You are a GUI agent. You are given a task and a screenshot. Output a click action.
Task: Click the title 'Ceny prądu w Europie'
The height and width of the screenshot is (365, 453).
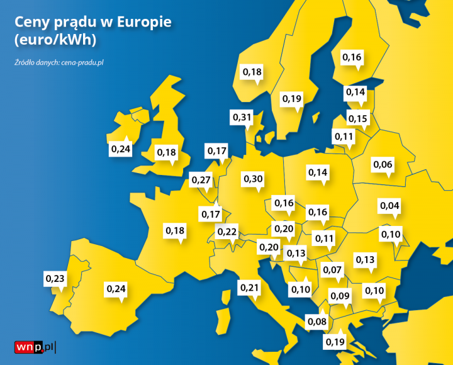92,22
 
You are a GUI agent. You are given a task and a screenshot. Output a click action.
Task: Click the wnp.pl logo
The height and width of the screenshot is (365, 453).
35,347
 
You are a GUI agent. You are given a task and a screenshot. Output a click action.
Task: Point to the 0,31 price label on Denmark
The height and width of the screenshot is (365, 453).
242,117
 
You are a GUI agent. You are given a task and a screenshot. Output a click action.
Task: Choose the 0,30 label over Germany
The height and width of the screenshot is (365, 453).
253,179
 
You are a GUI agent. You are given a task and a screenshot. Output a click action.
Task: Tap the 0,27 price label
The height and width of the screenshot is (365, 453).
201,180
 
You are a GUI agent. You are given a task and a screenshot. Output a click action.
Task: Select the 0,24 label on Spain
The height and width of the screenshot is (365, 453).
116,288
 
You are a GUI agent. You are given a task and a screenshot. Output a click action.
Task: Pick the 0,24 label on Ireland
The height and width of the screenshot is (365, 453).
121,149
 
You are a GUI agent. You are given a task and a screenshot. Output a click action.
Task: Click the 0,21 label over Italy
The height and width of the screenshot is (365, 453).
250,288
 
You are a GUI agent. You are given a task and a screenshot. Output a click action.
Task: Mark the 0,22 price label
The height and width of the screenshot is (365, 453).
227,232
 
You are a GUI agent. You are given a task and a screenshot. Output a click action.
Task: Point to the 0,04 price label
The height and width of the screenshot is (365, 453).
389,206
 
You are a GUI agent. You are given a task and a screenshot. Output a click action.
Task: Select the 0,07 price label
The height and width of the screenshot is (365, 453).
332,270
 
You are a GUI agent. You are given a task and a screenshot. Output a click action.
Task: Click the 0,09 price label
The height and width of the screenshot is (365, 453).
340,296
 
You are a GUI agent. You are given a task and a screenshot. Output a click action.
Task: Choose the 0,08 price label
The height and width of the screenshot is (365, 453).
317,322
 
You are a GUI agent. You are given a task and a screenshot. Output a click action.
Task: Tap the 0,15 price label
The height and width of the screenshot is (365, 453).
357,119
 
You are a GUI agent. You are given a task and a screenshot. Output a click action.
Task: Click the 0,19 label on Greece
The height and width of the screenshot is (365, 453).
335,342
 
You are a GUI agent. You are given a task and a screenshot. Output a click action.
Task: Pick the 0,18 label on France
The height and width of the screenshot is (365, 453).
176,230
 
